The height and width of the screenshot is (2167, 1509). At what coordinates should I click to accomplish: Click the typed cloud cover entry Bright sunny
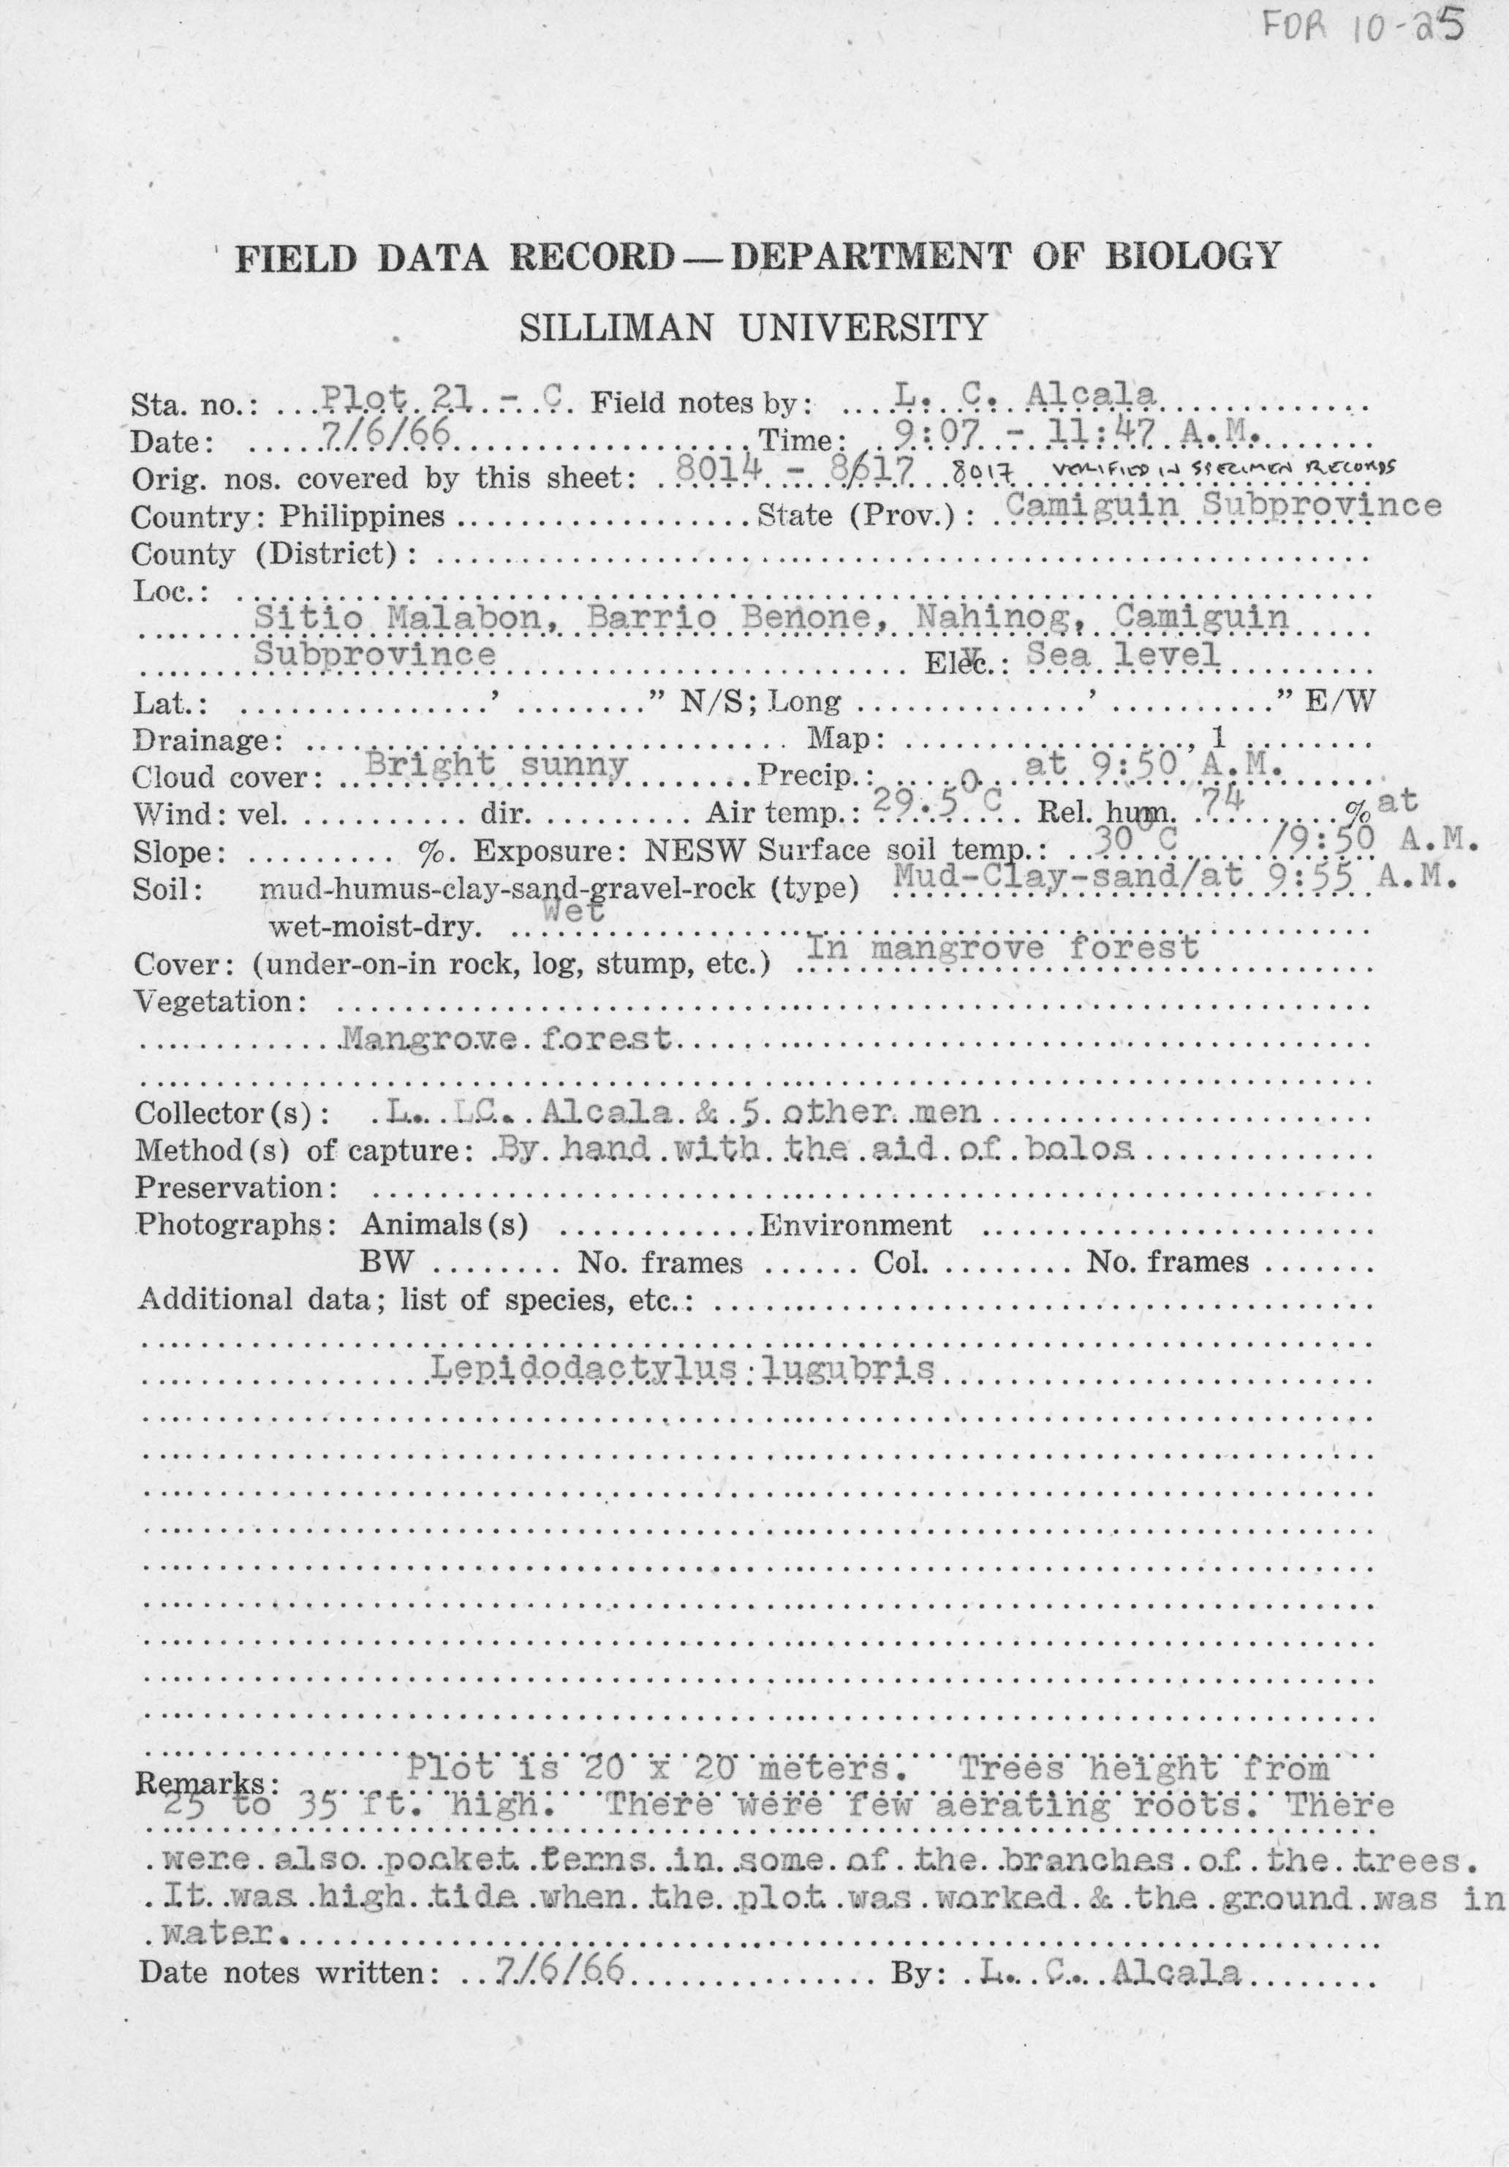click(x=496, y=764)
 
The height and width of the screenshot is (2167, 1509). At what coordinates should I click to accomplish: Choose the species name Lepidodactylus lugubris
click(x=682, y=1368)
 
